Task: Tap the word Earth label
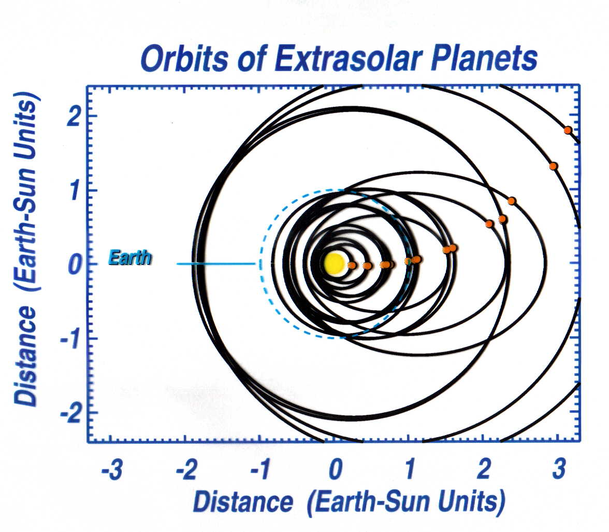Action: [129, 258]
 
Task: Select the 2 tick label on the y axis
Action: [74, 116]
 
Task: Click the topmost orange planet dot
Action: [568, 130]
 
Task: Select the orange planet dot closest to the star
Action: [352, 265]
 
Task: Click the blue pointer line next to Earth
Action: [216, 264]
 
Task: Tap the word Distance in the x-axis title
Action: [243, 502]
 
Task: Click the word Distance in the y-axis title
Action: [26, 356]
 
